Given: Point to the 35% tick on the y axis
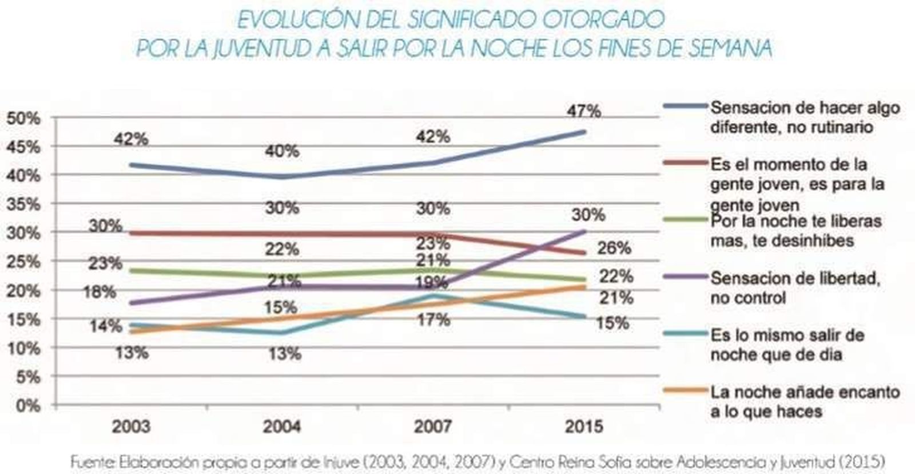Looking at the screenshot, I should tap(23, 205).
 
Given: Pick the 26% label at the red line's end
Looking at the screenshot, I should tap(614, 248).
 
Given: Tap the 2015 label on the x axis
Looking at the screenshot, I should tap(584, 427).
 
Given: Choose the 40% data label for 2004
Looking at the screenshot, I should tap(282, 152).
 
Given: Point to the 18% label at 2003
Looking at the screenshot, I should tap(100, 292).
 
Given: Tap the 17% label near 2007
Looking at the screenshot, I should tap(433, 319).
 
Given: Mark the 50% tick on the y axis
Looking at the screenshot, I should tap(23, 118).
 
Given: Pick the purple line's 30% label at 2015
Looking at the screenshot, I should tap(588, 215).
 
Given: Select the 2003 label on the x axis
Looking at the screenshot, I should tap(131, 427).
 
